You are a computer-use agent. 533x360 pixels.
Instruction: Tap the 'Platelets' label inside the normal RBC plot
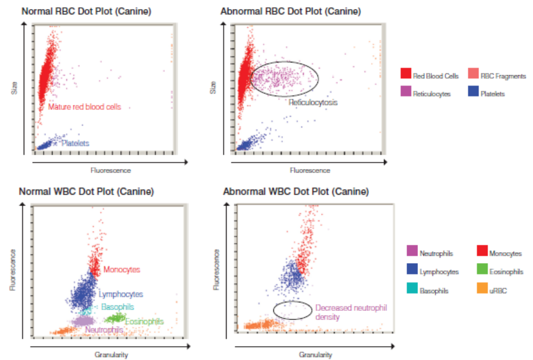(x=75, y=144)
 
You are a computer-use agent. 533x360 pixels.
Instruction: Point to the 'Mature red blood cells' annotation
(x=85, y=107)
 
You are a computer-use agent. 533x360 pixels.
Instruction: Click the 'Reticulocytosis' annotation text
(x=313, y=102)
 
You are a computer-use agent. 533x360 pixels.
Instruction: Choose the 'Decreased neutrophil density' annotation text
(x=339, y=312)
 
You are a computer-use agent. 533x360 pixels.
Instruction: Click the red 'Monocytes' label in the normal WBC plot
(x=121, y=269)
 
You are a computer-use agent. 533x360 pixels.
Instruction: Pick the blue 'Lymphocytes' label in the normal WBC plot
(x=121, y=295)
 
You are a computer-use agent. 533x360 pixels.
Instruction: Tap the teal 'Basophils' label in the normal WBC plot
(x=118, y=307)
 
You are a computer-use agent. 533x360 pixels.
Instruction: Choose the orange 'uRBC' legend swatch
(x=482, y=290)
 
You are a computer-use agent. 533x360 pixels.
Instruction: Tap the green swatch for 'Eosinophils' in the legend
(x=482, y=272)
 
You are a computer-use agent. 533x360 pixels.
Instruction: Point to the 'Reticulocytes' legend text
(x=432, y=94)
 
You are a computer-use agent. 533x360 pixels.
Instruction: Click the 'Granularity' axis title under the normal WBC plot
(x=111, y=355)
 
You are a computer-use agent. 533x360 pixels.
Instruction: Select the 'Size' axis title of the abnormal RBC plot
(x=213, y=88)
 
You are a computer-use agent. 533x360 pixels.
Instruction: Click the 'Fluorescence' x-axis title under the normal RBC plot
(x=107, y=170)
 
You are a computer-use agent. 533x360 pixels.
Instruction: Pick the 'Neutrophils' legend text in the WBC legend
(x=436, y=254)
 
